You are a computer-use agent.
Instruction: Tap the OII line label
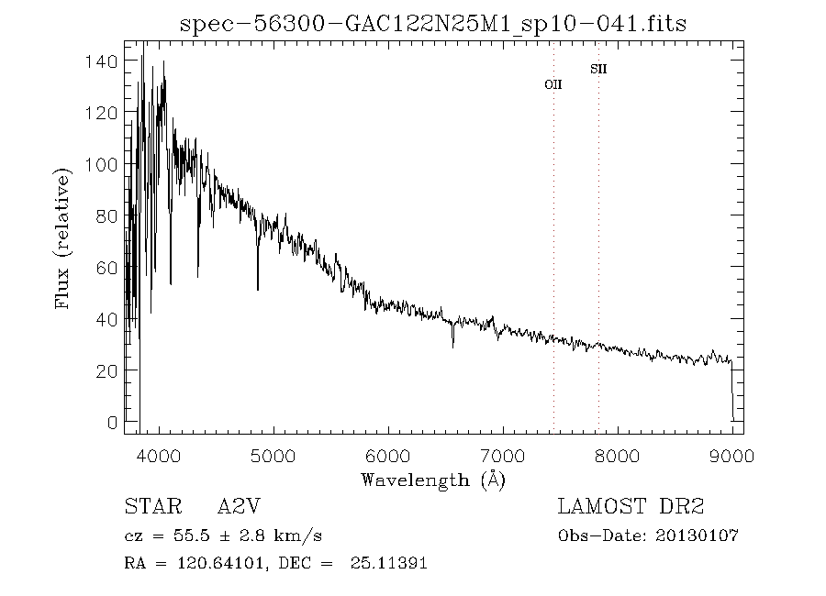click(553, 84)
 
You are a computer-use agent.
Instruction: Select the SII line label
click(598, 69)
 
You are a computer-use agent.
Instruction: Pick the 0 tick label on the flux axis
click(112, 423)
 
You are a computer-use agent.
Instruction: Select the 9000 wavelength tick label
click(731, 456)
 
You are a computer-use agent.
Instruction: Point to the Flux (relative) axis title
click(63, 238)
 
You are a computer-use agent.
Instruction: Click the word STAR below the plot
click(149, 506)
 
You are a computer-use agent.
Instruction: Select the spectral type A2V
click(244, 506)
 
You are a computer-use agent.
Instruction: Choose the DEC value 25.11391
click(388, 563)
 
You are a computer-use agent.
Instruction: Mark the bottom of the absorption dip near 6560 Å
click(452, 346)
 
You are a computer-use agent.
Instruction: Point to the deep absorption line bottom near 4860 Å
click(258, 289)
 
